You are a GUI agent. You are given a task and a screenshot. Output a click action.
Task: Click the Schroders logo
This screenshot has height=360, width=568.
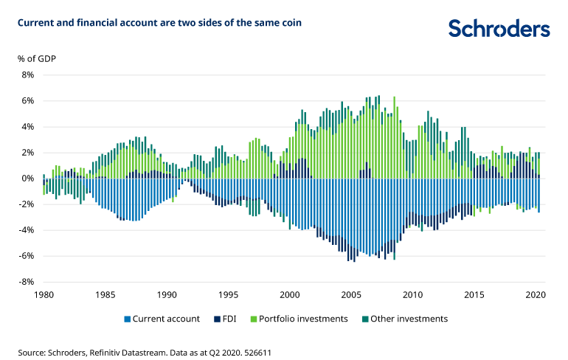499,29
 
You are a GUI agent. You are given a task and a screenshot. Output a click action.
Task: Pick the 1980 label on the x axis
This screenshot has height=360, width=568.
44,294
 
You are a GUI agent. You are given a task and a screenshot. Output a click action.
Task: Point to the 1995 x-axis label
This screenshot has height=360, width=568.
229,294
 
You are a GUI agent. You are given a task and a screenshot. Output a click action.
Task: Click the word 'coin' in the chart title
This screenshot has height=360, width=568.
290,23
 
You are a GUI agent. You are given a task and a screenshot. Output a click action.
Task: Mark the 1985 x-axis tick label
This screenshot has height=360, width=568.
105,294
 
